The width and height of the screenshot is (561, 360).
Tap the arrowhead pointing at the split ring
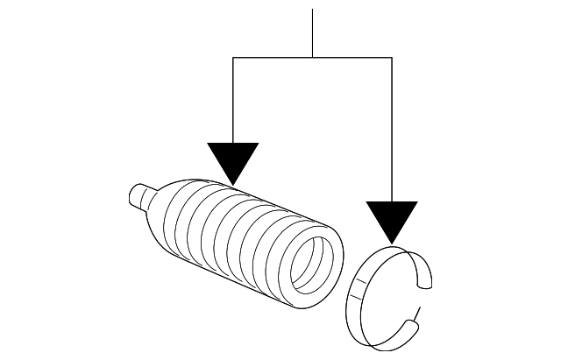tap(392, 219)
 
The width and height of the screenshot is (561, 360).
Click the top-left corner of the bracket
tap(233, 58)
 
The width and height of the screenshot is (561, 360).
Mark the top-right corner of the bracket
tap(392, 58)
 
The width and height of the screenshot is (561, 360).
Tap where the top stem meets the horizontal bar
tap(313, 58)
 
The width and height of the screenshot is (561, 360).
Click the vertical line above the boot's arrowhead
tap(233, 101)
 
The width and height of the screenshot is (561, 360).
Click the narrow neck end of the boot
tap(138, 195)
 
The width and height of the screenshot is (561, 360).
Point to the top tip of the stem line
tap(313, 11)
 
